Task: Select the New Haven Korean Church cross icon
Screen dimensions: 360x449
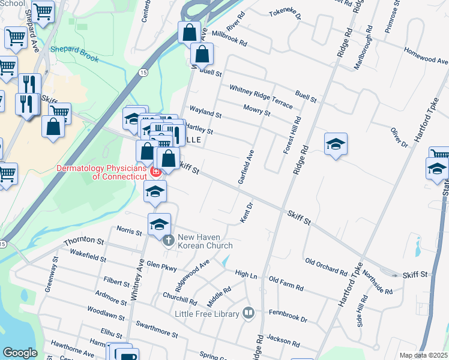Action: click(169, 241)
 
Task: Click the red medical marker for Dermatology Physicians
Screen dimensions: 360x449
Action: click(155, 172)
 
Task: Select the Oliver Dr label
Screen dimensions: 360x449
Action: click(399, 137)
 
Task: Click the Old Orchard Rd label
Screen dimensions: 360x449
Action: click(326, 267)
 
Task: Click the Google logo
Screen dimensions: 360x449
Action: click(20, 353)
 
